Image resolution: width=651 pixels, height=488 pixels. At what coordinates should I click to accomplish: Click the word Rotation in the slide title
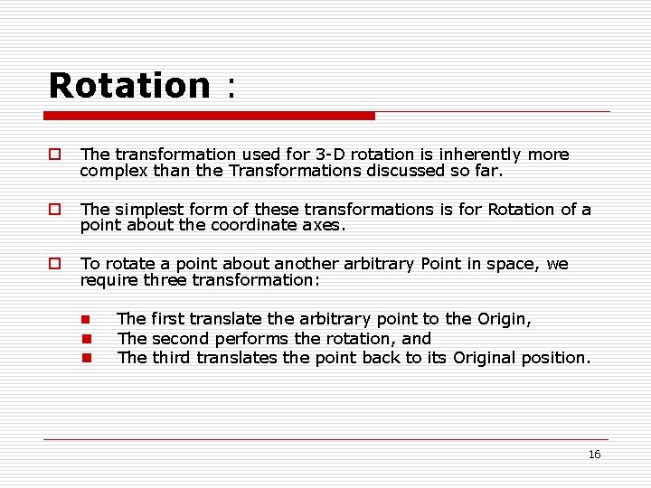pyautogui.click(x=129, y=85)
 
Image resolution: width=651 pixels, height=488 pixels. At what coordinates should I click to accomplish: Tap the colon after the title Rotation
pyautogui.click(x=231, y=89)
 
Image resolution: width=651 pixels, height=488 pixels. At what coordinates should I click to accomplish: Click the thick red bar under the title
pyautogui.click(x=209, y=116)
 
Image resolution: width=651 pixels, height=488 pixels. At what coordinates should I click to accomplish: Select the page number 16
pyautogui.click(x=594, y=455)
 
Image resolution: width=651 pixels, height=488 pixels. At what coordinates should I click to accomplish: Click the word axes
pyautogui.click(x=326, y=226)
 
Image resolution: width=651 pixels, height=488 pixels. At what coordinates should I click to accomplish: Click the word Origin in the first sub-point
pyautogui.click(x=505, y=319)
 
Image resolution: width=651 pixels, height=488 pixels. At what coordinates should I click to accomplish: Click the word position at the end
pyautogui.click(x=557, y=358)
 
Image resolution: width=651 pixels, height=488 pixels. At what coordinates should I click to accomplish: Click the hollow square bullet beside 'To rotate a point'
pyautogui.click(x=54, y=264)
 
